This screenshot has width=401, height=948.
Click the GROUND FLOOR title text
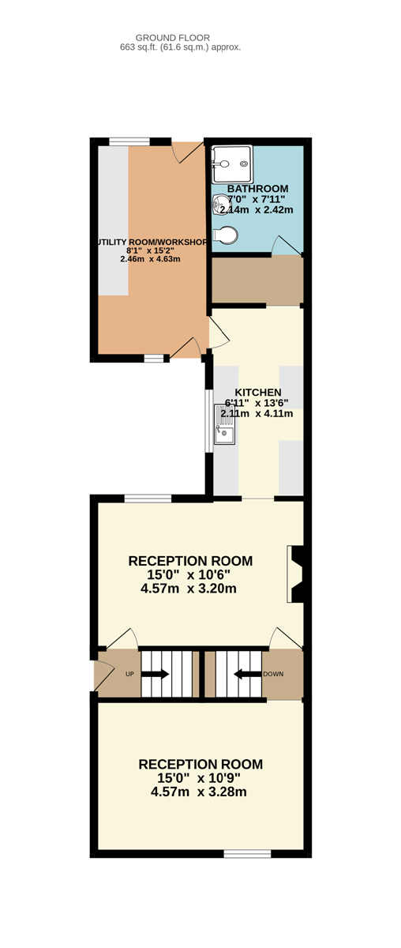click(178, 38)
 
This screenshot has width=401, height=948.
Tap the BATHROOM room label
click(257, 189)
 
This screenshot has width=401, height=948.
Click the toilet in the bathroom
click(225, 235)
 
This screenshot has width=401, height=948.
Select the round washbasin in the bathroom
click(219, 204)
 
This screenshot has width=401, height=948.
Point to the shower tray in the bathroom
click(232, 164)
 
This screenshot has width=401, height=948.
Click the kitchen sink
click(224, 423)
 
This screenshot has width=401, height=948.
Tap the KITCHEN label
click(258, 393)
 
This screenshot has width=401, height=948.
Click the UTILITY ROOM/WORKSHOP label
click(152, 242)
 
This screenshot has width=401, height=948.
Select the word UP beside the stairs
click(129, 674)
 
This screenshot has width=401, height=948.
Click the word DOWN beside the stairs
click(273, 674)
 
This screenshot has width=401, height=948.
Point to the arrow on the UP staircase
click(156, 674)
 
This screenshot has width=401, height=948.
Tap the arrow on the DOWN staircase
click(248, 674)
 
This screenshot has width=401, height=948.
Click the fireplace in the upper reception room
click(295, 574)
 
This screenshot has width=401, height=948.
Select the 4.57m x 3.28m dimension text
click(199, 792)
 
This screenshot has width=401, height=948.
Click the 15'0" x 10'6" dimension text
click(189, 575)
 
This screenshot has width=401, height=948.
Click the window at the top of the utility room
click(129, 141)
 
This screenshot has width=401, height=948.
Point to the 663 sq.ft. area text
click(181, 47)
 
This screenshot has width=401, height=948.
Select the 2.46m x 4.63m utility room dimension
click(150, 259)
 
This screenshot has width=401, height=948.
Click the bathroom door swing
click(287, 246)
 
